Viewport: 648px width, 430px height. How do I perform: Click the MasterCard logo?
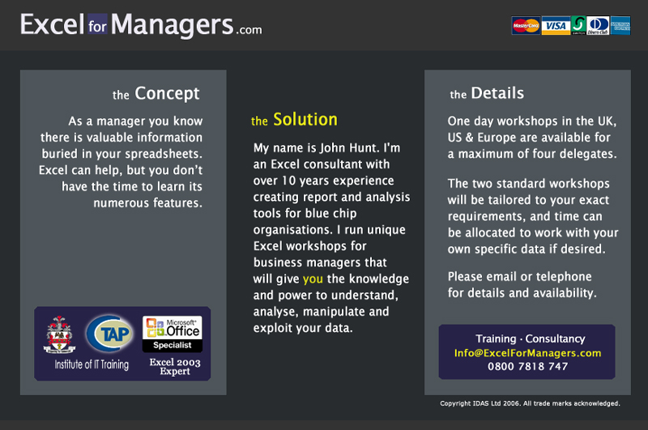[526, 26]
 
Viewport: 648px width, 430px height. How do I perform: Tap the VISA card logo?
[556, 26]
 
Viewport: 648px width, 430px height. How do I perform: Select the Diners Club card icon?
[598, 26]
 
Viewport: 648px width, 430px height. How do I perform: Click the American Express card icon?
[620, 26]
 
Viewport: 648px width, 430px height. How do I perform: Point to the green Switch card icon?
[578, 26]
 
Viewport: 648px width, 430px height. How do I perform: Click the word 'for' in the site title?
[97, 26]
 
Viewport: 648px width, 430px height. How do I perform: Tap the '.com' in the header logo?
[249, 30]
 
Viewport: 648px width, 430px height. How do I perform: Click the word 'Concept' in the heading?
[167, 94]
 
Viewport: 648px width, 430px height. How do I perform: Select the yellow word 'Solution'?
[305, 119]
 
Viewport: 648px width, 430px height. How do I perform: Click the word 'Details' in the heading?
[497, 93]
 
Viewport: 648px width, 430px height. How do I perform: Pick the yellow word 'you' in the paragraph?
[313, 279]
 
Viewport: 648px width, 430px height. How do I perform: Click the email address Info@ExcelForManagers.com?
[528, 353]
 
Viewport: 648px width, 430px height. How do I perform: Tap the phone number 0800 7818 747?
[528, 366]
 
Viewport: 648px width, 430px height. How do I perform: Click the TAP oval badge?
[110, 334]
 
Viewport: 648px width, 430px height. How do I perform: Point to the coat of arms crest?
[59, 334]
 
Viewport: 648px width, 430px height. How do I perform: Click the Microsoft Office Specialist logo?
[173, 334]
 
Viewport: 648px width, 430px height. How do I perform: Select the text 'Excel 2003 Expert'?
[175, 366]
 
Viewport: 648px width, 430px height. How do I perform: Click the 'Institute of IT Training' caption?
[92, 364]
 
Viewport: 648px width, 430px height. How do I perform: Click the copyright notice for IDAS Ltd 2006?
[530, 403]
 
